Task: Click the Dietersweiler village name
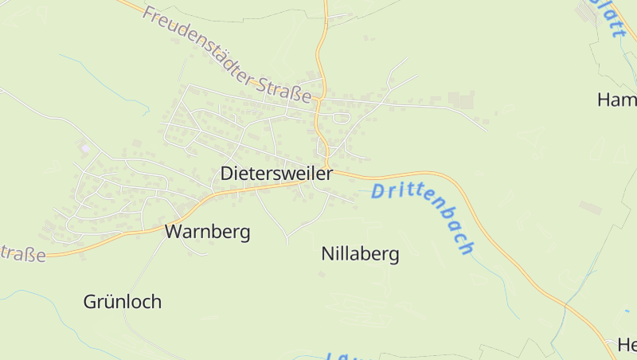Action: (x=276, y=173)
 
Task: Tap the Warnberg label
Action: (x=207, y=232)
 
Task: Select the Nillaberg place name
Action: (x=360, y=254)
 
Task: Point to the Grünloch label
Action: (x=123, y=302)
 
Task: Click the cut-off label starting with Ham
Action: (x=617, y=100)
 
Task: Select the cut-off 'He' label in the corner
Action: (x=627, y=345)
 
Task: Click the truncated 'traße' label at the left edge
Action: (x=22, y=253)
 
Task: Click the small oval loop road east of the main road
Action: (x=342, y=119)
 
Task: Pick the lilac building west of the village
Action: (x=85, y=147)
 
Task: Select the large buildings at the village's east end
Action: (x=459, y=100)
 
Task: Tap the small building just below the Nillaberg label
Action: (x=322, y=275)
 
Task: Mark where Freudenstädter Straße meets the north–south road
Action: (x=318, y=100)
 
